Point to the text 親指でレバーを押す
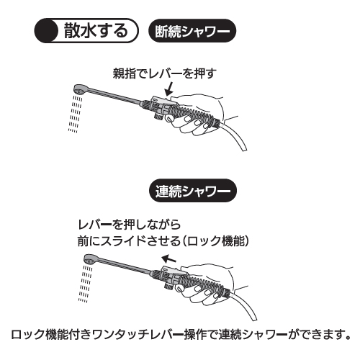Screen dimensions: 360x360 point(164,73)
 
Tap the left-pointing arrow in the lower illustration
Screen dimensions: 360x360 point(168,259)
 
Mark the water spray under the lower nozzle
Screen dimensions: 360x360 point(86,284)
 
